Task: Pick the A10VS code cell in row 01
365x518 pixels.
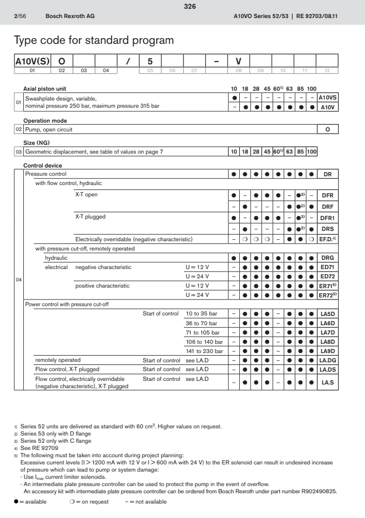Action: pos(328,97)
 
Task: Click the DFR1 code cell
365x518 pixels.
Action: pos(328,217)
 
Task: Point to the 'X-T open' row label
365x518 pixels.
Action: pos(87,195)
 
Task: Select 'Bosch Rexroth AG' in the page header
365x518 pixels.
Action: pos(70,16)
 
